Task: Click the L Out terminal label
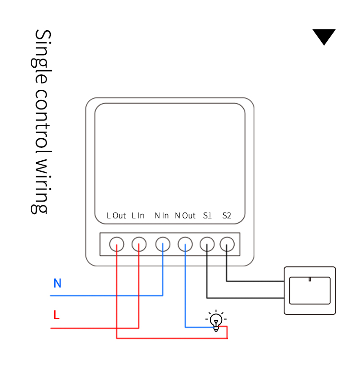[116, 216]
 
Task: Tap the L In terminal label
[138, 216]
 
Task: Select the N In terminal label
[162, 216]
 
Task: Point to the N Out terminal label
[185, 216]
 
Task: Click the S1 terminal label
[207, 216]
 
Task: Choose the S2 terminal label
[227, 216]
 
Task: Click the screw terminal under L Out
[117, 245]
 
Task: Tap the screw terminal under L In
[139, 245]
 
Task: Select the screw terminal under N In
[163, 245]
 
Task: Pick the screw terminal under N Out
[185, 245]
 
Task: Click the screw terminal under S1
[207, 245]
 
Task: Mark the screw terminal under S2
[227, 245]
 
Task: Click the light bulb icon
[216, 321]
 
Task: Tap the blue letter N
[58, 283]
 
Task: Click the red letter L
[56, 315]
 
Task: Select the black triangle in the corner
[324, 36]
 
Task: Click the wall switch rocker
[310, 290]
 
